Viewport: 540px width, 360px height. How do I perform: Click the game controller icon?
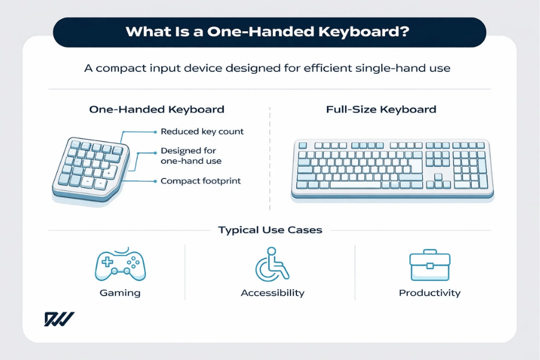[121, 266]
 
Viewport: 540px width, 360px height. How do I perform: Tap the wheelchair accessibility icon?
[271, 265]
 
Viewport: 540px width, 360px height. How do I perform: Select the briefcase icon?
[429, 265]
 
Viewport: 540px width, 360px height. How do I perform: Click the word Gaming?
[121, 293]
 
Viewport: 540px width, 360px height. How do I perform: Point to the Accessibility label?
[272, 293]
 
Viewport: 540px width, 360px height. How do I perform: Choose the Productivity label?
[430, 293]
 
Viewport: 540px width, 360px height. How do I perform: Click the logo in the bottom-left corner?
[59, 319]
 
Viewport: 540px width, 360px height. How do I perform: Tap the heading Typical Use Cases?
[270, 230]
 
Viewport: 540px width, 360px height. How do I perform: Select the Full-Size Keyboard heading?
[381, 110]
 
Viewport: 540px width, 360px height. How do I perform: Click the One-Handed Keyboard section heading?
[157, 110]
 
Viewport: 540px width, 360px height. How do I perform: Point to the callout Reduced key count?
[202, 131]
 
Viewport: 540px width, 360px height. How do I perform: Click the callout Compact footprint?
[200, 181]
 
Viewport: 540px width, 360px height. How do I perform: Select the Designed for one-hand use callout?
[191, 156]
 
